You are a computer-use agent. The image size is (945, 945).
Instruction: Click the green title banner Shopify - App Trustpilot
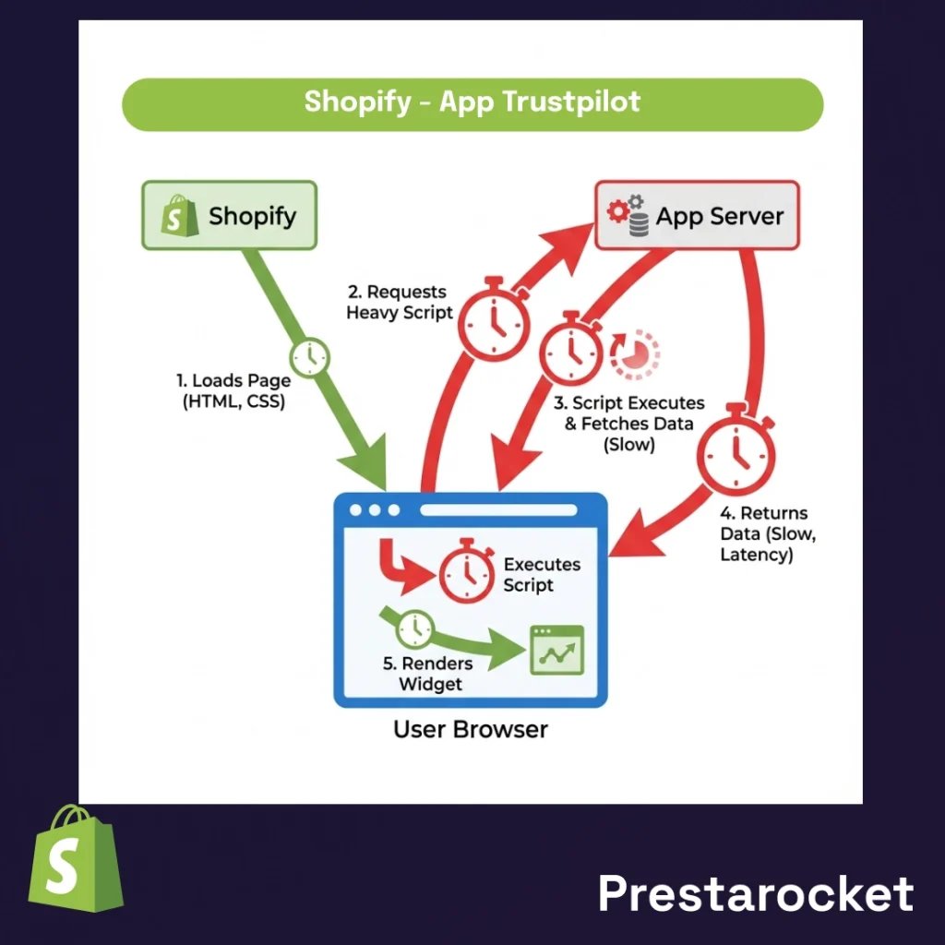472,102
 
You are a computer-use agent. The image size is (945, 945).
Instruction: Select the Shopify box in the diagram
229,216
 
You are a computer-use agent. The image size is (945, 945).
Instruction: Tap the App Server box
697,216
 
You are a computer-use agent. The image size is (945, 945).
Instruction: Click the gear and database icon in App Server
628,216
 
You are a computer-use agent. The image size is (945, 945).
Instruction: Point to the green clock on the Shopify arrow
310,355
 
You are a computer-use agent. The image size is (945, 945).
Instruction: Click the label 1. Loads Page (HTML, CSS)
233,390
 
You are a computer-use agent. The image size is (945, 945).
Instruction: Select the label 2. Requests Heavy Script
400,303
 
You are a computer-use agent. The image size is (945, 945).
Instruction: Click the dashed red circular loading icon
636,353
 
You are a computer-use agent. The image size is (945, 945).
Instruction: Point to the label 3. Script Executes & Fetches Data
628,424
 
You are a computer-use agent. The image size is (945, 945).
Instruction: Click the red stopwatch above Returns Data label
736,451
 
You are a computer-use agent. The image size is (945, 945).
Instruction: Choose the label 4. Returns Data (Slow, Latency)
762,534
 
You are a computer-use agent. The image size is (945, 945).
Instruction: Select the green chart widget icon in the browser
556,650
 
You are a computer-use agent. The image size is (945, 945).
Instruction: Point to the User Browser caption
470,729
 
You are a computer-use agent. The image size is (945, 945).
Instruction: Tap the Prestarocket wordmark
755,893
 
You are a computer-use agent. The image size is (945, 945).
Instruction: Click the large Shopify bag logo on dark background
75,859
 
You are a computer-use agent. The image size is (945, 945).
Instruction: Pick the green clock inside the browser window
414,629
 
